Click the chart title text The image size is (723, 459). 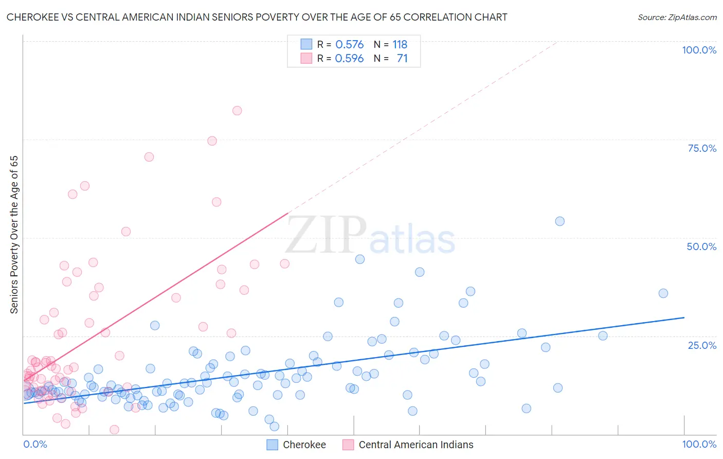(257, 17)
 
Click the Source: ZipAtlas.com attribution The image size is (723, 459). (677, 17)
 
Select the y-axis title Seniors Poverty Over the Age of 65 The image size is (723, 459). (14, 234)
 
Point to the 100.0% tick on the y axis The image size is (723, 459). (699, 50)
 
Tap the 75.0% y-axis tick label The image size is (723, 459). (702, 148)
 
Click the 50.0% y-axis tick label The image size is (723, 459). (701, 246)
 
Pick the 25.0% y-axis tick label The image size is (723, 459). (702, 345)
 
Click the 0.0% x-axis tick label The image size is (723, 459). (35, 444)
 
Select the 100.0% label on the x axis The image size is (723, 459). (699, 444)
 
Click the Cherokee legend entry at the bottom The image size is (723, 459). (304, 445)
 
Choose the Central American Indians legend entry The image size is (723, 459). (415, 445)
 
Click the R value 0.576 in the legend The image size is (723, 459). (349, 44)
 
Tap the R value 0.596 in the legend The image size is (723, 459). (349, 58)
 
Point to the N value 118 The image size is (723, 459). (400, 44)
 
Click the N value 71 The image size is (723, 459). (402, 58)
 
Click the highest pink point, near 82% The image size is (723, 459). (237, 111)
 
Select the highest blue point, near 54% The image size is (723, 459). (560, 221)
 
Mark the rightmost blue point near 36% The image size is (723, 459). (663, 293)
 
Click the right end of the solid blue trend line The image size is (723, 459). (684, 317)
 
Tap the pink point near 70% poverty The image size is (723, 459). (149, 157)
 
